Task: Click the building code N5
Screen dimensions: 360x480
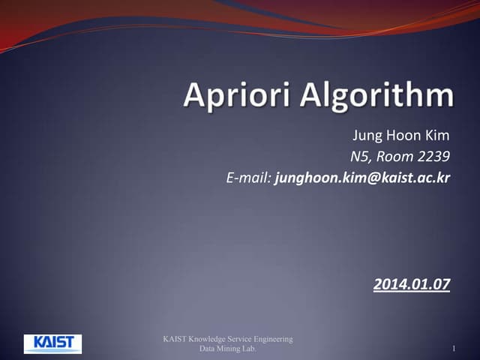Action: pyautogui.click(x=360, y=157)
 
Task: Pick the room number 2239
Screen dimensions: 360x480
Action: pyautogui.click(x=431, y=157)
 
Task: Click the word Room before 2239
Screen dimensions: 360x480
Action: pyautogui.click(x=394, y=157)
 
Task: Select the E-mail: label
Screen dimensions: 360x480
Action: pyautogui.click(x=248, y=178)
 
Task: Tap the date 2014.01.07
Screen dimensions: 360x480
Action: pyautogui.click(x=411, y=284)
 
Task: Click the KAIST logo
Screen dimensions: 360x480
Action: pyautogui.click(x=52, y=343)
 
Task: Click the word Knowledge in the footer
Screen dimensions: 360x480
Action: pyautogui.click(x=211, y=340)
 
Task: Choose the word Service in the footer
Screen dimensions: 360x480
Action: pyautogui.click(x=243, y=340)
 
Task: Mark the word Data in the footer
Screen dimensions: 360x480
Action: pyautogui.click(x=208, y=349)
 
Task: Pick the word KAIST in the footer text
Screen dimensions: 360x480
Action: pyautogui.click(x=177, y=340)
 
